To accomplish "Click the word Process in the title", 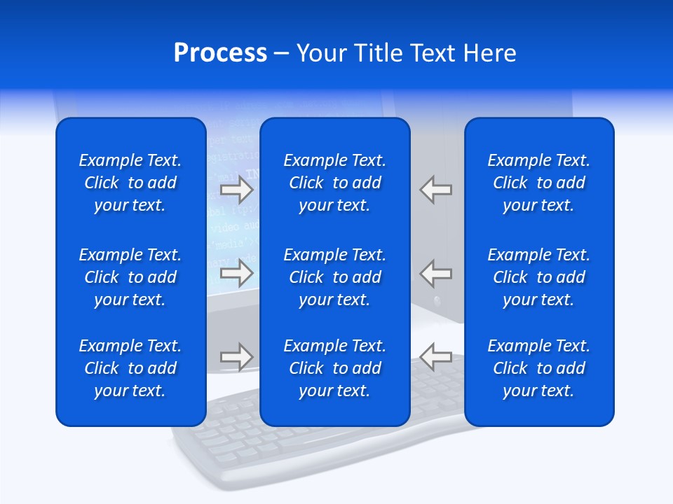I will pos(220,53).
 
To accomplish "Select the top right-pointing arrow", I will pos(236,190).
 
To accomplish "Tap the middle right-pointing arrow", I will pos(236,273).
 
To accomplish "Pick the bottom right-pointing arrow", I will pos(236,357).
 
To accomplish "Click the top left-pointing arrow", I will pos(436,190).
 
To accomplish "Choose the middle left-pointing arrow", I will pos(436,273).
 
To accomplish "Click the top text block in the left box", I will pos(130,183).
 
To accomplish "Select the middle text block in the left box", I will pos(130,277).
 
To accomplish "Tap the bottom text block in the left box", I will pos(130,368).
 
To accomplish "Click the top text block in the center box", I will pos(334,183).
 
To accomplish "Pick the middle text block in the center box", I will pos(334,277).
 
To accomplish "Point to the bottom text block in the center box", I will pos(334,368).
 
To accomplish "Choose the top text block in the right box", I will pos(538,183).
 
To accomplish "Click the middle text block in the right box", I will pos(538,277).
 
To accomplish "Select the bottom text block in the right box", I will pos(538,368).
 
